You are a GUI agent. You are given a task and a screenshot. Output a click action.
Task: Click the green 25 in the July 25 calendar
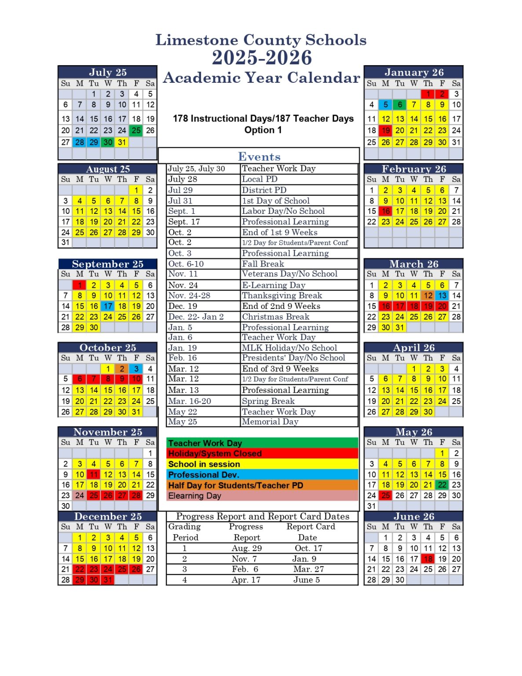(x=136, y=130)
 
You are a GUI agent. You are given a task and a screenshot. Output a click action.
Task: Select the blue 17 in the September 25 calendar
(x=108, y=306)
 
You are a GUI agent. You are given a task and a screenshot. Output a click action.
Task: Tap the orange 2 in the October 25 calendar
(x=122, y=369)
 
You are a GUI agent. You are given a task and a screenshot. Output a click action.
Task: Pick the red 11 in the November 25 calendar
(x=94, y=474)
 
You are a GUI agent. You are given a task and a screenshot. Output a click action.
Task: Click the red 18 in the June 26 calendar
(x=428, y=559)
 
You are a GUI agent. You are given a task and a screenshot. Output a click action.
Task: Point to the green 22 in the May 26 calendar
(x=442, y=485)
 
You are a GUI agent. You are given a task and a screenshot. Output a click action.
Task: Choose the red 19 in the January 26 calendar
(x=386, y=130)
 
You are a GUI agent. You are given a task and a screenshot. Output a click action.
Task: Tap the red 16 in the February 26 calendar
(x=386, y=211)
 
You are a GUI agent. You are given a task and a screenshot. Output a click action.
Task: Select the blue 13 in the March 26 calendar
(x=442, y=296)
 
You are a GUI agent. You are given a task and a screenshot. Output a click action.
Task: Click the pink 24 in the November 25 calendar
(x=80, y=496)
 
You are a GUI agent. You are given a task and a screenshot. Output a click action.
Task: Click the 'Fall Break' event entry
(x=263, y=264)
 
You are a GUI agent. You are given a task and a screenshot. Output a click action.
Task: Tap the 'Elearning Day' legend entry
(x=195, y=496)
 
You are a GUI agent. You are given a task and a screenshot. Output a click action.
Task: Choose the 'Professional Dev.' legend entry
(x=204, y=475)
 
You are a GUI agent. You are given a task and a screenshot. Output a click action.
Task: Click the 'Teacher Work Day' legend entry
(x=205, y=443)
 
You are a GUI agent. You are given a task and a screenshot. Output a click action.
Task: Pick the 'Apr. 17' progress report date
(x=246, y=580)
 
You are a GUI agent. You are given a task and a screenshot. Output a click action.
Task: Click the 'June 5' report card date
(x=307, y=580)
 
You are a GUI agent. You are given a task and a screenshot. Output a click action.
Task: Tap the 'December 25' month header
(x=108, y=516)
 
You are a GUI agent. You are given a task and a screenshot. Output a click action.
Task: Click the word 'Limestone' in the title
(x=197, y=40)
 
